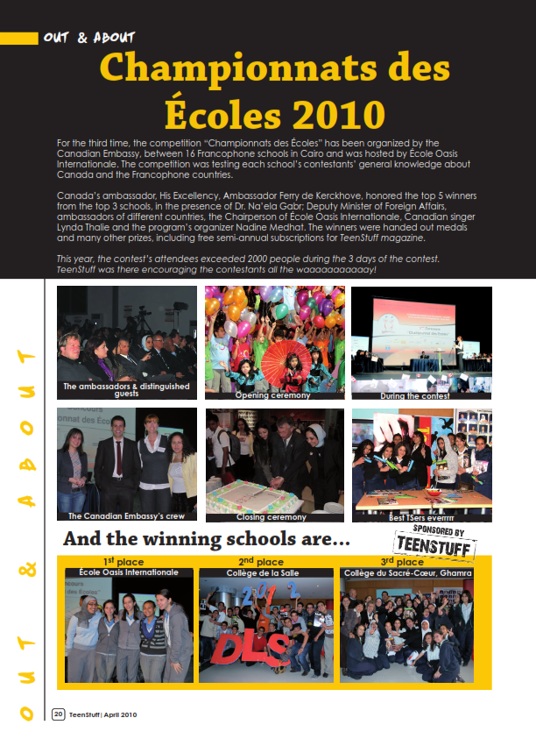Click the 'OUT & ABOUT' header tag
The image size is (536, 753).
point(88,38)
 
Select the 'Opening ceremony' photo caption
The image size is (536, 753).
point(272,395)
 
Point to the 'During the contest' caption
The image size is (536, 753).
point(414,395)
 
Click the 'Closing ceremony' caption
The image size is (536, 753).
point(263,517)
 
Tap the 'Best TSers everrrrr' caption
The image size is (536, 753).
point(416,517)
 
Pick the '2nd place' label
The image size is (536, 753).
point(260,562)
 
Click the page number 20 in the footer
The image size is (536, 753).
point(59,714)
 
